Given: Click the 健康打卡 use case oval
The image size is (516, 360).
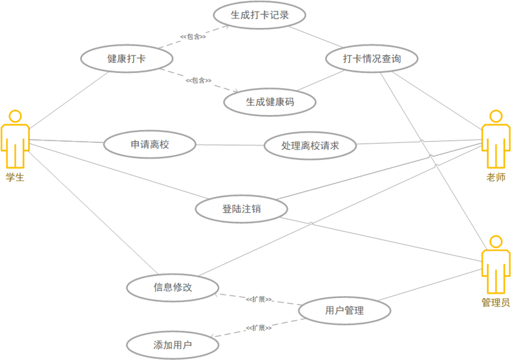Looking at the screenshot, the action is (126, 59).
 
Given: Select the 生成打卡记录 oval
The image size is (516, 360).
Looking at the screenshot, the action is (260, 16).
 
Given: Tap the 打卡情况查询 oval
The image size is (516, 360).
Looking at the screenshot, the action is (371, 59).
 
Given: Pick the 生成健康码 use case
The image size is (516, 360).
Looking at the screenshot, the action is (270, 102).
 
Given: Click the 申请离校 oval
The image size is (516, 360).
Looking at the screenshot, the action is (150, 145).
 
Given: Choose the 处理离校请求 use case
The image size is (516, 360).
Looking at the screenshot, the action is (310, 146).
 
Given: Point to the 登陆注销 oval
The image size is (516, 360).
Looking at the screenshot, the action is (241, 209).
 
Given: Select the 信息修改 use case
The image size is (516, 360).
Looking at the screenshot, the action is (173, 287).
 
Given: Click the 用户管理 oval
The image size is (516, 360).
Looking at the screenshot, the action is (345, 311).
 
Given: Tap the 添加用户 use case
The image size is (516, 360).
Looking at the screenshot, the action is (173, 345).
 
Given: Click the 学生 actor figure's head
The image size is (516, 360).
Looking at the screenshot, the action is (15, 116).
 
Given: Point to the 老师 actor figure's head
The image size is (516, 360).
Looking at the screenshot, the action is (496, 116).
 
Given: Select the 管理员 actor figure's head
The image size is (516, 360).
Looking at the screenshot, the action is (496, 241).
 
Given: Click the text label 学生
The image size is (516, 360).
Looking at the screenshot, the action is (15, 177).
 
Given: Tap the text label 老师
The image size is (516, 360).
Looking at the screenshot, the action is (496, 178).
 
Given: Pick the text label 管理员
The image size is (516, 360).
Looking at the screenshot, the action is (496, 302).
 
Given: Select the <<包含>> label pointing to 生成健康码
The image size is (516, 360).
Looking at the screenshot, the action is (198, 80).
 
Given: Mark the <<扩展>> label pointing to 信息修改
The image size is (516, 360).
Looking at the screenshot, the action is (259, 299).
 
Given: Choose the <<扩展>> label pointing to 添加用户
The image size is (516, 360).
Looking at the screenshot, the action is (259, 328).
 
